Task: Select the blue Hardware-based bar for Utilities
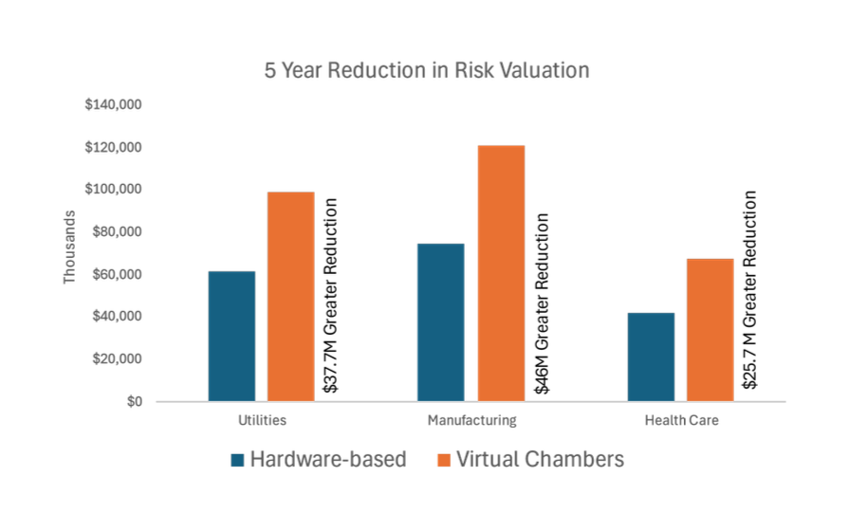(x=231, y=337)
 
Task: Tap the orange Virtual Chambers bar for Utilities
(x=290, y=296)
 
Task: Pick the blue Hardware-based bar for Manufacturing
(x=441, y=322)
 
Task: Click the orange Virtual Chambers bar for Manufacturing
(x=501, y=273)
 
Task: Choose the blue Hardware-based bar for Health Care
(x=652, y=357)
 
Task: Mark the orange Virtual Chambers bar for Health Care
(x=711, y=329)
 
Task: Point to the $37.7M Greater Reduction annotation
(x=331, y=296)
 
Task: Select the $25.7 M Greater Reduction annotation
(x=750, y=291)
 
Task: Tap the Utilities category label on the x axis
(x=258, y=419)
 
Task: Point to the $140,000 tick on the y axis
(x=114, y=104)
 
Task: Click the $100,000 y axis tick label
(x=114, y=190)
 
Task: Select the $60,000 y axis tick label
(x=118, y=275)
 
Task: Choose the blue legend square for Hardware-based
(x=238, y=460)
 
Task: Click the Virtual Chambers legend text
(x=540, y=460)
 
